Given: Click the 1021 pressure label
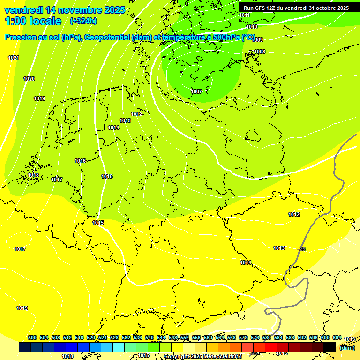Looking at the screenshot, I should pos(14,58).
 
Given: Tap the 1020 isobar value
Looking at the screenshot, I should pos(29,79).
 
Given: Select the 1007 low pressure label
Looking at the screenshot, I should pos(196,91).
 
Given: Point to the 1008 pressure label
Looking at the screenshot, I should pos(260,52).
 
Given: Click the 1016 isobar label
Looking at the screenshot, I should pos(80,161).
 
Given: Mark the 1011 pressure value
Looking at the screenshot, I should pos(244,15).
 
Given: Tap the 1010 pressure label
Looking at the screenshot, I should pos(251,27).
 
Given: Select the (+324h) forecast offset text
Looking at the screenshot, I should pos(83,21).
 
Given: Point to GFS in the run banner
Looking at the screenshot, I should pos(262,8).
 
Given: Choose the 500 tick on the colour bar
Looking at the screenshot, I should pos(32,337).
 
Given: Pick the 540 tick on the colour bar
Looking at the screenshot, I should pos(150,337).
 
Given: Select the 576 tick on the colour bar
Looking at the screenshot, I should pos(255,337).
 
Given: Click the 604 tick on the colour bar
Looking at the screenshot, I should pos(337,337).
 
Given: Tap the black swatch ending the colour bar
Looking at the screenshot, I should pos(330,347).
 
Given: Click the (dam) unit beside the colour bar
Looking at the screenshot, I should pos(347,348).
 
